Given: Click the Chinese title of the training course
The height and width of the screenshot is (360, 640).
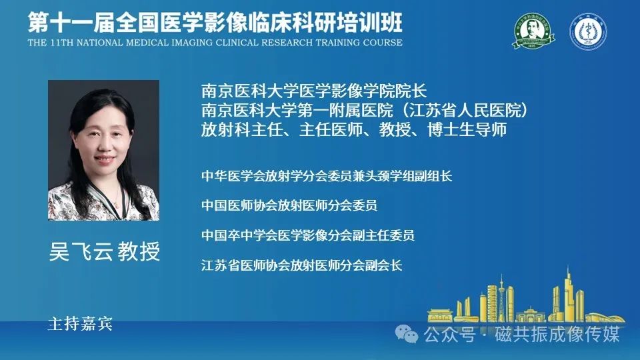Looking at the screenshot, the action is [215, 22].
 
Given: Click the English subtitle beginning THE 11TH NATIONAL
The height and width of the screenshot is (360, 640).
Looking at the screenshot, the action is [215, 43].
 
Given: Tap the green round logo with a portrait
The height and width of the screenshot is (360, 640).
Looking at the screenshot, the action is [533, 31].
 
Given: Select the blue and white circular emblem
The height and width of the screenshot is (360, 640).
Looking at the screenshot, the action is [588, 31].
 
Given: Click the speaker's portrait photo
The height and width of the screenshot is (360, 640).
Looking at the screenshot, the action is [104, 150].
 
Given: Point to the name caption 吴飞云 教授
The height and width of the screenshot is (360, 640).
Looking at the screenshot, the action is [105, 251].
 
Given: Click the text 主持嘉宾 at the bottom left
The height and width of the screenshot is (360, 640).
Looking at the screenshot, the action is [80, 324].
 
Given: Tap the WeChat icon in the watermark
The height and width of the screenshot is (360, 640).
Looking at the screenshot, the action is [406, 334].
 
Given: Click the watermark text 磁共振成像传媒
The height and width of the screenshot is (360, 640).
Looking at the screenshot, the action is [557, 334].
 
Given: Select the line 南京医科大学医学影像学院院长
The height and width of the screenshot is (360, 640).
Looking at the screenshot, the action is [314, 91].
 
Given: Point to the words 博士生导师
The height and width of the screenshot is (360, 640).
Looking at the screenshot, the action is [467, 130].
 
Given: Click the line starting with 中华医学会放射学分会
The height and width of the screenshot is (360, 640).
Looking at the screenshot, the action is [327, 176].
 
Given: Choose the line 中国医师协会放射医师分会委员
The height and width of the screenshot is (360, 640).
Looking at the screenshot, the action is [289, 205].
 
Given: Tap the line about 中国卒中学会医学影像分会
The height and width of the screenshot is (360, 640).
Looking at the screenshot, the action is [308, 235].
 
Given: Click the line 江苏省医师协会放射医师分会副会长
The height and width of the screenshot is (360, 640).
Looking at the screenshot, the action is [301, 265].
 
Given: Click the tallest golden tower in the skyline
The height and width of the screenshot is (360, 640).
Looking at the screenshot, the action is [568, 295].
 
